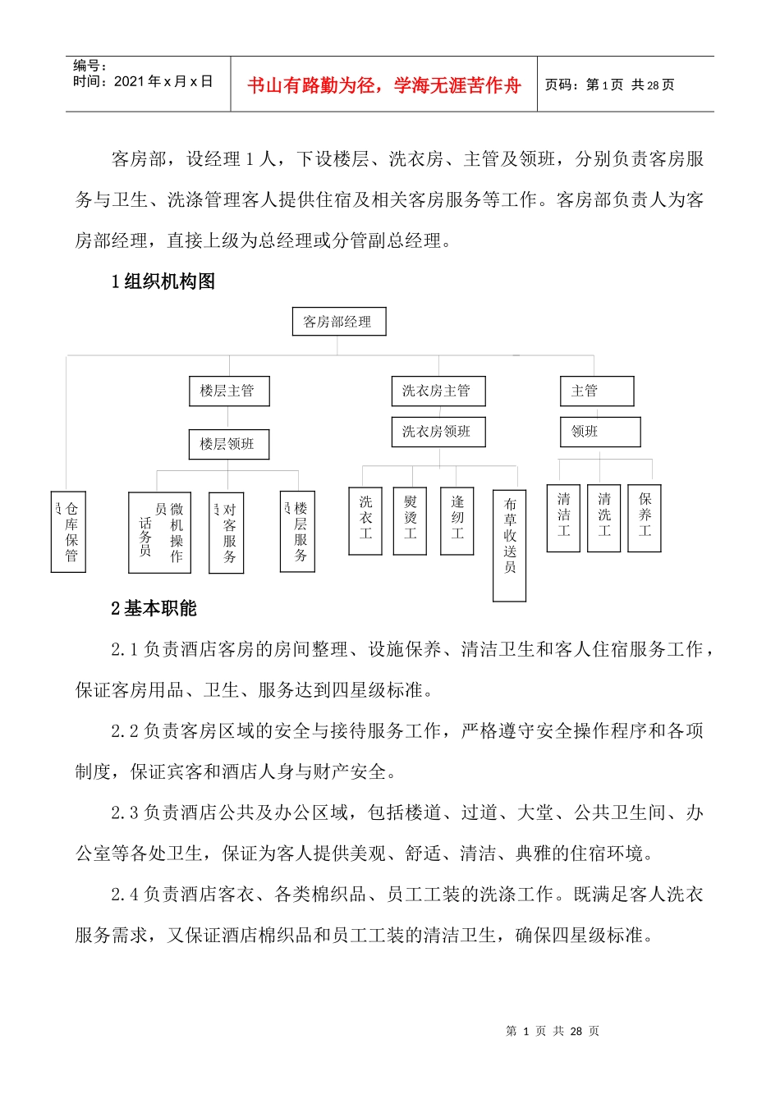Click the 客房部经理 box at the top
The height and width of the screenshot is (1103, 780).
click(338, 322)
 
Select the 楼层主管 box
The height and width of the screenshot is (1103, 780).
click(228, 391)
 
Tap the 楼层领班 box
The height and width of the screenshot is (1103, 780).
click(228, 445)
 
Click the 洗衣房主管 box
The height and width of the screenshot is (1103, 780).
click(438, 391)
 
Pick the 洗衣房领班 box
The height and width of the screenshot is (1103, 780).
click(438, 432)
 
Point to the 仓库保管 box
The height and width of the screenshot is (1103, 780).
click(69, 532)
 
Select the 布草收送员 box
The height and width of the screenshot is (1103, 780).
click(509, 545)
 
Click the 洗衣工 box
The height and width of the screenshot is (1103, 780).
click(365, 520)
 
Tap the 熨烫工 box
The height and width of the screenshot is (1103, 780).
click(410, 520)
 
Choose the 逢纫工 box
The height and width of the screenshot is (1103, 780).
click(457, 520)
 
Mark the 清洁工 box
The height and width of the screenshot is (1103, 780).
click(563, 517)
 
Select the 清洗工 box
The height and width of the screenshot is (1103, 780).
click(603, 517)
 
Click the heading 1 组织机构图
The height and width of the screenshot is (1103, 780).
click(163, 282)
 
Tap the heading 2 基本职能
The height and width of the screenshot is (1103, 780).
click(154, 609)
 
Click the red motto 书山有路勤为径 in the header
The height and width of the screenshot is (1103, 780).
click(383, 85)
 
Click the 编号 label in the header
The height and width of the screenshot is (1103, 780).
click(89, 66)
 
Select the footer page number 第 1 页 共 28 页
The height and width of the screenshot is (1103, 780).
click(553, 1031)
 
